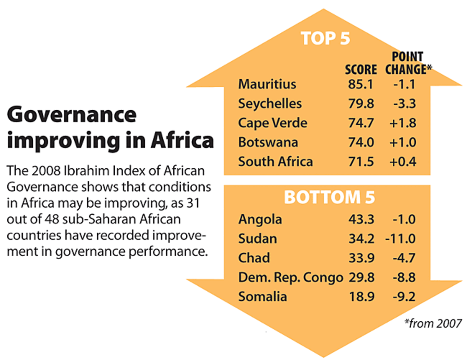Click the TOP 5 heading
click(x=326, y=38)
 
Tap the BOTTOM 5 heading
click(x=329, y=198)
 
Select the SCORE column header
click(x=361, y=70)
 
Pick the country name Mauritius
click(x=267, y=84)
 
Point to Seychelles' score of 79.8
click(x=361, y=103)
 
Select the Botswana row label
click(x=268, y=142)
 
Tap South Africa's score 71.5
click(x=361, y=162)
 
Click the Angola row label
click(x=260, y=219)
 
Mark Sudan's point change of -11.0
click(x=400, y=238)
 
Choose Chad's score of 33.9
click(x=361, y=258)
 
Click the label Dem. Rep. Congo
click(x=291, y=278)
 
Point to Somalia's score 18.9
click(x=361, y=297)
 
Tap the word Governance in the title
click(x=72, y=115)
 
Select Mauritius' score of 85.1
click(x=361, y=84)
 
